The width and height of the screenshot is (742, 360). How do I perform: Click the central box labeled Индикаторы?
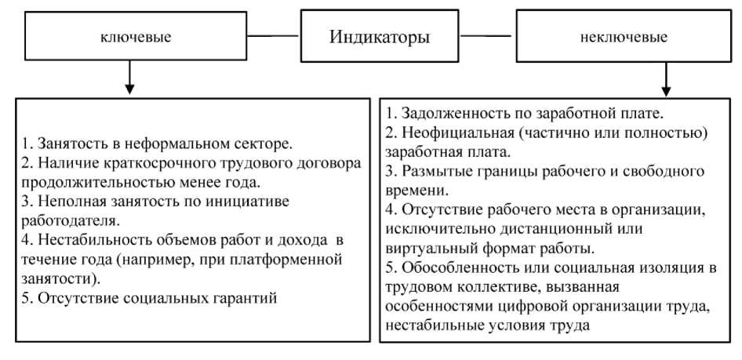point(379,36)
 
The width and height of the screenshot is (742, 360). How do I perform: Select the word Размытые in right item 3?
point(435,172)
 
